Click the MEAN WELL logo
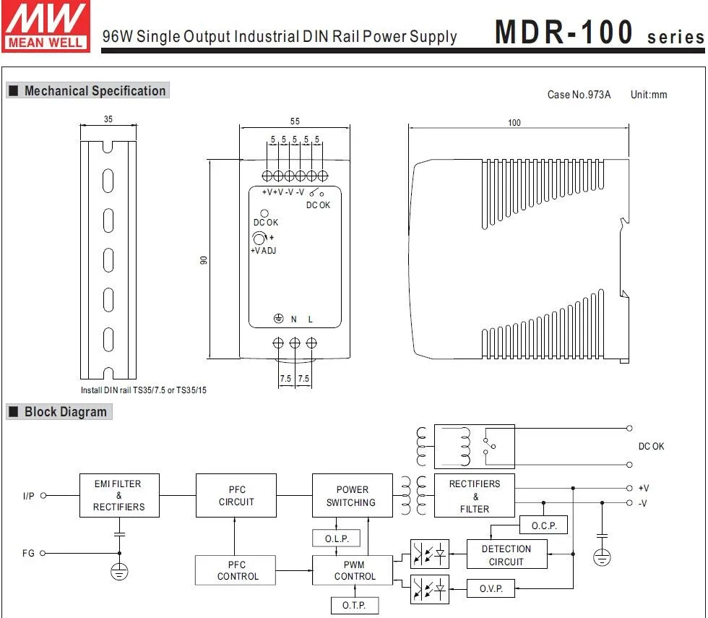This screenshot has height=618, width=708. pyautogui.click(x=46, y=27)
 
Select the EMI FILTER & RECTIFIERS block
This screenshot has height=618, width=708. pyautogui.click(x=119, y=496)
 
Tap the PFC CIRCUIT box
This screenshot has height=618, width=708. pyautogui.click(x=236, y=496)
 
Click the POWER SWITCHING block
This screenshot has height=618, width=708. pyautogui.click(x=352, y=496)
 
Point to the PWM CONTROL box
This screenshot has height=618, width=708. pyautogui.click(x=353, y=570)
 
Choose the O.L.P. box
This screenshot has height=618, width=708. pyautogui.click(x=336, y=538)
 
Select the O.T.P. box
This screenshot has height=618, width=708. pyautogui.click(x=354, y=604)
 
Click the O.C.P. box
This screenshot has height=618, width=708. pyautogui.click(x=543, y=525)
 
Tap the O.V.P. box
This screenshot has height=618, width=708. pyautogui.click(x=491, y=589)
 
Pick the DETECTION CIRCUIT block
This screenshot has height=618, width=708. pyautogui.click(x=506, y=555)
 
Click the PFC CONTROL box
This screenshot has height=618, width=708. pyautogui.click(x=236, y=570)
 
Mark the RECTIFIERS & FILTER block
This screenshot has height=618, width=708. pyautogui.click(x=475, y=496)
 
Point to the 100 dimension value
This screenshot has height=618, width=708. pyautogui.click(x=514, y=123)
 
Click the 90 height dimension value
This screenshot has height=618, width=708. pyautogui.click(x=204, y=260)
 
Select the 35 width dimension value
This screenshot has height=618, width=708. pyautogui.click(x=108, y=119)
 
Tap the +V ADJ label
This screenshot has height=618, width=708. pyautogui.click(x=263, y=251)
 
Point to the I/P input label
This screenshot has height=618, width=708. pyautogui.click(x=28, y=496)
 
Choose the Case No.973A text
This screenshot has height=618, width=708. pyautogui.click(x=579, y=95)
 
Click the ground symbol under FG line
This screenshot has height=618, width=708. pyautogui.click(x=119, y=572)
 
